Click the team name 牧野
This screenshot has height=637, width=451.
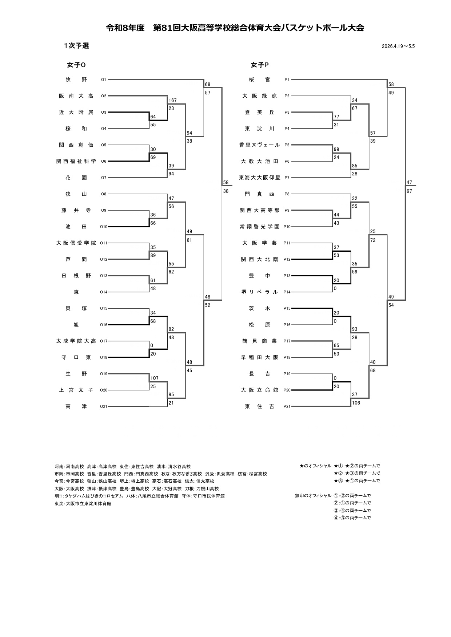tap(76, 80)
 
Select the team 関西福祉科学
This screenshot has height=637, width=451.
tap(76, 161)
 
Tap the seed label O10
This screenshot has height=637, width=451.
tap(104, 227)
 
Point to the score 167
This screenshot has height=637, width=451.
tap(172, 100)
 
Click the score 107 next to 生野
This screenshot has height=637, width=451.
tap(154, 378)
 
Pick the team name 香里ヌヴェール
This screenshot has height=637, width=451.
tap(259, 145)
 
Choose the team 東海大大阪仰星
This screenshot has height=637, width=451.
tap(259, 178)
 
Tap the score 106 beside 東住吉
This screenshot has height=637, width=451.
tap(356, 403)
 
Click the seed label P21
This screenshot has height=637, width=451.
tap(287, 407)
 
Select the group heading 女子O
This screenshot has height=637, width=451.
tap(76, 65)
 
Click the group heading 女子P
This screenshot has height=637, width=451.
tap(260, 65)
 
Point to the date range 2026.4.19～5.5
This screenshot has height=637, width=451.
tap(398, 46)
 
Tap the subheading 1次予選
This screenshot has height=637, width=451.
tap(76, 46)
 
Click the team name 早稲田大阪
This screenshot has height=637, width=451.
tap(259, 357)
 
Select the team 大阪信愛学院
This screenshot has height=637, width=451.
tap(76, 243)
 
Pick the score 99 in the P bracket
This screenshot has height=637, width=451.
tap(336, 149)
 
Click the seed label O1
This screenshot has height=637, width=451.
tap(104, 80)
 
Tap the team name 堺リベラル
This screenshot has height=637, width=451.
tap(259, 292)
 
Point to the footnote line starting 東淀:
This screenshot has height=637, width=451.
tap(83, 504)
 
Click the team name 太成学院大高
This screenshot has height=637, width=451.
tap(76, 341)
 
